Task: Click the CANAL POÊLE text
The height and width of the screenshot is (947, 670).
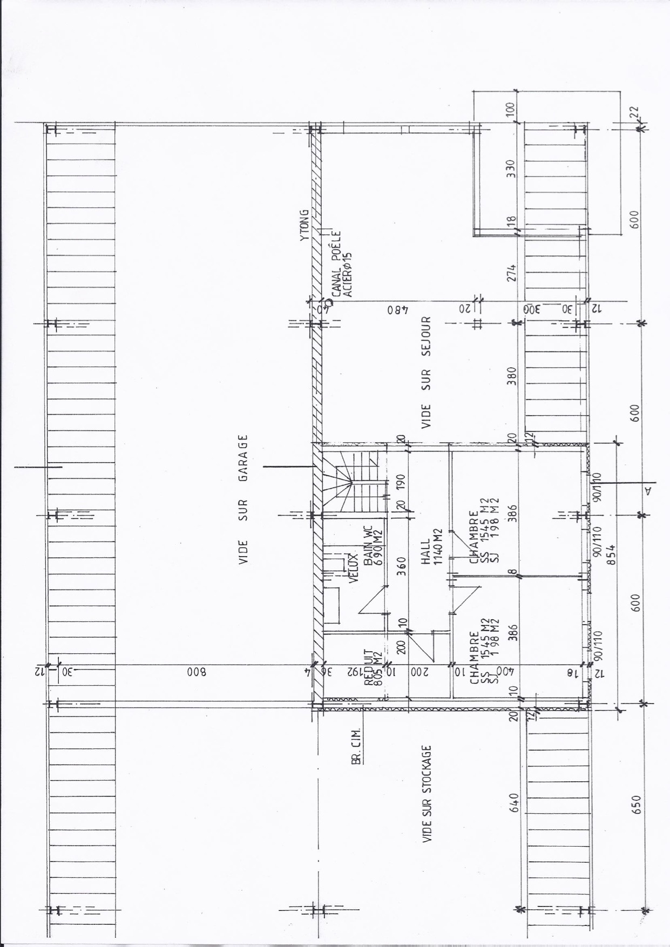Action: click(x=336, y=265)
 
